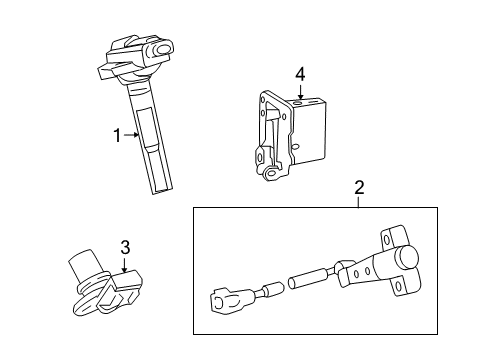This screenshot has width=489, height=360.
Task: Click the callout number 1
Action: (x=117, y=135)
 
